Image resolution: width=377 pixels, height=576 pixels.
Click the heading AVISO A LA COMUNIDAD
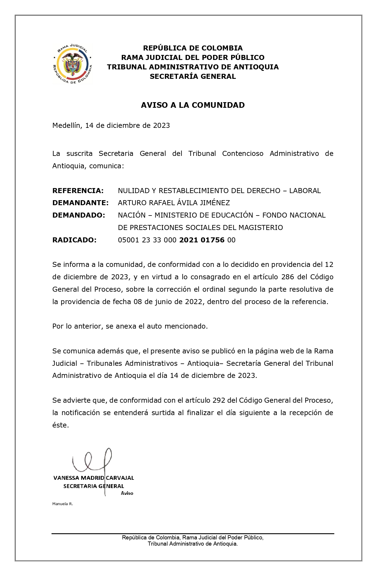click(193, 105)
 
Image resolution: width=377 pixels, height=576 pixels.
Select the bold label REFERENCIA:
click(78, 191)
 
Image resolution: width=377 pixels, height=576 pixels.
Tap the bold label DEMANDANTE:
click(80, 203)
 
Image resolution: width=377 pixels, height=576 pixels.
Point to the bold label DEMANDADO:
click(79, 215)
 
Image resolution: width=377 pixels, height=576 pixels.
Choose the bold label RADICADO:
click(74, 240)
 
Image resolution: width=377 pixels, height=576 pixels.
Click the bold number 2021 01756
click(202, 240)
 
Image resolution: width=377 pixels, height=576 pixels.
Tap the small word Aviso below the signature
click(127, 493)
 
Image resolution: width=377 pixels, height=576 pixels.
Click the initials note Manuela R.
click(63, 504)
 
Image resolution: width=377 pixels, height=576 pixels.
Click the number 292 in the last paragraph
click(220, 400)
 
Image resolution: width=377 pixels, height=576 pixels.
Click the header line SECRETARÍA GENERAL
click(193, 76)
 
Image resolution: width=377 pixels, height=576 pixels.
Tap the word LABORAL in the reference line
click(305, 191)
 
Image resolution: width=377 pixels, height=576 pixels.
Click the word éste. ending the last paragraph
click(61, 425)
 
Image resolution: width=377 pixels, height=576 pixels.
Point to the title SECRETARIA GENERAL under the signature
click(94, 486)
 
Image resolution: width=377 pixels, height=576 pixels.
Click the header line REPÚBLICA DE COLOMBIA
click(193, 48)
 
